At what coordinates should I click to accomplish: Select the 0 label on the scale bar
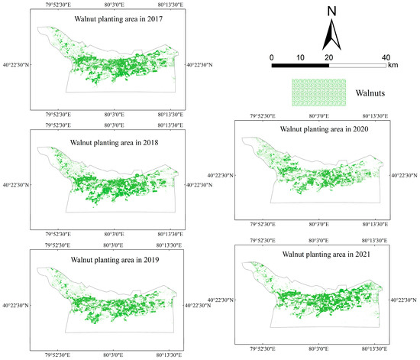[272, 57]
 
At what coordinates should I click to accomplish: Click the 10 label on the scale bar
[300, 57]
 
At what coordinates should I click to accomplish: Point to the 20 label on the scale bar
[328, 57]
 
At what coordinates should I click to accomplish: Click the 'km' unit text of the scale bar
[393, 66]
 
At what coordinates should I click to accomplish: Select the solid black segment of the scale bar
[300, 66]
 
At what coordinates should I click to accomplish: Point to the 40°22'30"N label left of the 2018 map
[17, 184]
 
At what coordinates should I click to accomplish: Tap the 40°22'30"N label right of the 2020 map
[404, 176]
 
